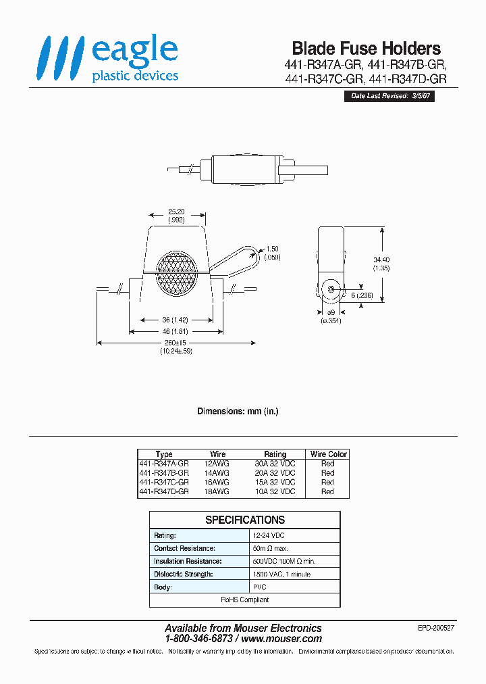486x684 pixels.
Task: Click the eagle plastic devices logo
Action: click(108, 59)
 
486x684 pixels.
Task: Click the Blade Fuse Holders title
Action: click(366, 49)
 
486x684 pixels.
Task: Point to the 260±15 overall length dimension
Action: click(176, 343)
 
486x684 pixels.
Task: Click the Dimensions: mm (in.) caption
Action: click(238, 411)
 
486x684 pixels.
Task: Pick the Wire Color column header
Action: click(328, 454)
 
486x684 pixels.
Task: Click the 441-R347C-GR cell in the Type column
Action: click(163, 483)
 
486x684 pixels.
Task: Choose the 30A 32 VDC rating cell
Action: click(275, 464)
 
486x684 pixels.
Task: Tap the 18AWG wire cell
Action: click(219, 492)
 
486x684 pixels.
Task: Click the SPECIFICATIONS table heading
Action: click(245, 520)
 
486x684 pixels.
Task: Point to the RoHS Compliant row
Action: click(245, 600)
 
